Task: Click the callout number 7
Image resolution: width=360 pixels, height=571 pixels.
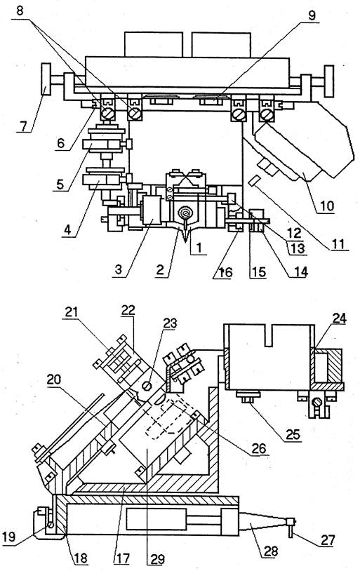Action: [x=23, y=126]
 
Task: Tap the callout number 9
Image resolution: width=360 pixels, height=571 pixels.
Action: [x=312, y=15]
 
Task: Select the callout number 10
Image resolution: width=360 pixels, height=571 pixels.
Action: [x=327, y=206]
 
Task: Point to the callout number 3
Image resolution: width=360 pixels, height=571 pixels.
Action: [x=118, y=270]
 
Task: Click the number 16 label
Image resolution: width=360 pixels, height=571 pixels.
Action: [x=225, y=272]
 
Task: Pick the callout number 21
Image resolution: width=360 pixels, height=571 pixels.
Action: [x=72, y=312]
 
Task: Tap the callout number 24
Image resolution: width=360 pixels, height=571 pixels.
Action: [x=339, y=318]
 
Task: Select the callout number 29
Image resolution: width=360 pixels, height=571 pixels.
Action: [x=158, y=559]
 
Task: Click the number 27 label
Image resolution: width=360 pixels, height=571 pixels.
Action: [x=327, y=539]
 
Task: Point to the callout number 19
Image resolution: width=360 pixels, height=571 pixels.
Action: [x=8, y=537]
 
